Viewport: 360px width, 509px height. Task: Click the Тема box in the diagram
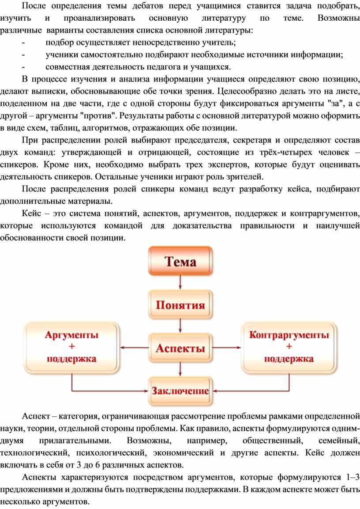click(180, 261)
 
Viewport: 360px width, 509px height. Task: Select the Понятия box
click(180, 305)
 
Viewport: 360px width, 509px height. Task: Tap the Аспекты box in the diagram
click(180, 348)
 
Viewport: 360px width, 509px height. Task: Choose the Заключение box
click(180, 391)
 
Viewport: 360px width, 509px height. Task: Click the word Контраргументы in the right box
click(289, 335)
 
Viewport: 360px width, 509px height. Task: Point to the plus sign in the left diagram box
click(72, 347)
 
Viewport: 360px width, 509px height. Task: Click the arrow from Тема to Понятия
click(180, 282)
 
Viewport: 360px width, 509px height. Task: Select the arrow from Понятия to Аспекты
click(180, 326)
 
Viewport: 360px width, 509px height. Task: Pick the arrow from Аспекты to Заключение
click(180, 370)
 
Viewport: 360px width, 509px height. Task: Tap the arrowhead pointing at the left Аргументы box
click(122, 348)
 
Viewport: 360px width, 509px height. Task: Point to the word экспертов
click(224, 165)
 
